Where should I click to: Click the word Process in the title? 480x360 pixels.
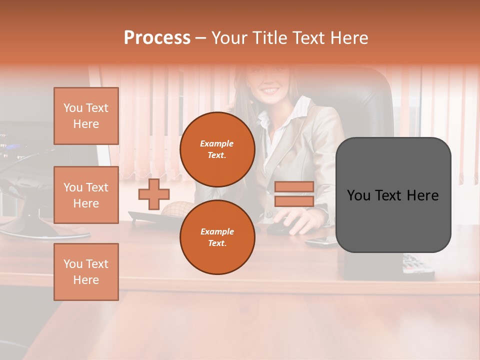(157, 38)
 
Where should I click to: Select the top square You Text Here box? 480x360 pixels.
(86, 116)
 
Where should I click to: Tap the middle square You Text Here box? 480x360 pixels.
(86, 195)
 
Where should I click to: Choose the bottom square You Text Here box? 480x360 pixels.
(86, 271)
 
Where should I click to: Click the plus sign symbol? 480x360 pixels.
(154, 194)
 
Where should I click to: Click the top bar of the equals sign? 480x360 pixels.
(294, 186)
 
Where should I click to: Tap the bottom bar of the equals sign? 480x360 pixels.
(294, 201)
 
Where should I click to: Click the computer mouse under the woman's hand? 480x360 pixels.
(277, 228)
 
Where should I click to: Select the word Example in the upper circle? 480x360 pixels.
(216, 144)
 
